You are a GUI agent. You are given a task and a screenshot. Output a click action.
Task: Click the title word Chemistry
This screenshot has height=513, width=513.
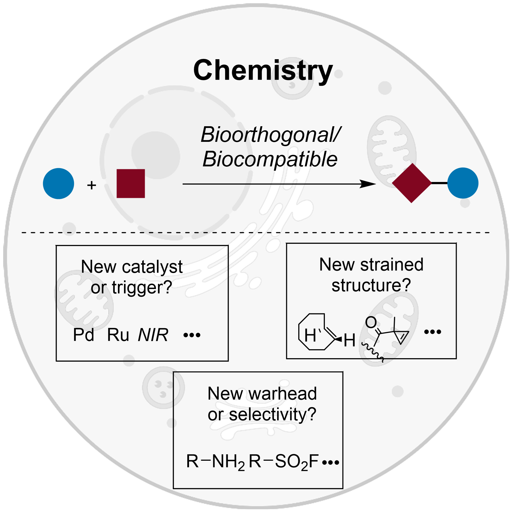point(263,70)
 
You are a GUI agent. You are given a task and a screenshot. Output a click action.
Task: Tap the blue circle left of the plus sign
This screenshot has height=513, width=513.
point(58,184)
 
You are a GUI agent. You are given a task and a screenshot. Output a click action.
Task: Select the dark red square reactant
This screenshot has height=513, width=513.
point(131,184)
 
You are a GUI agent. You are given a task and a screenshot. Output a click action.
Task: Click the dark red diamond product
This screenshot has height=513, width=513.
point(411,183)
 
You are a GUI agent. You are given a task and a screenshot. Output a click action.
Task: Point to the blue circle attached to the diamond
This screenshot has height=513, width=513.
point(463,183)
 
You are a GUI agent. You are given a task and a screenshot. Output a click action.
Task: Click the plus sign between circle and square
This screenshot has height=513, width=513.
point(92,185)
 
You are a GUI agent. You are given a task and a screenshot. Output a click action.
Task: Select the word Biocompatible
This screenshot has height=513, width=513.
point(270,159)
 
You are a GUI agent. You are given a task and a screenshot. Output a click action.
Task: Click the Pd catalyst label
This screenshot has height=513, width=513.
point(84,335)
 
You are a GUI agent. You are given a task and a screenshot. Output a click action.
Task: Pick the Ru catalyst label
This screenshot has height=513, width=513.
point(118,335)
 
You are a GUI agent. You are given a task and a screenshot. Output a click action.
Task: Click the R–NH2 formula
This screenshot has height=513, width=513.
point(215,462)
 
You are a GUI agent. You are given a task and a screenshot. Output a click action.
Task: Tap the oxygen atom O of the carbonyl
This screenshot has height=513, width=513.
point(371,322)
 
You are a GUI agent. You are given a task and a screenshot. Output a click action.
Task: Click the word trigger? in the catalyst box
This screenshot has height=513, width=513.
point(142,288)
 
